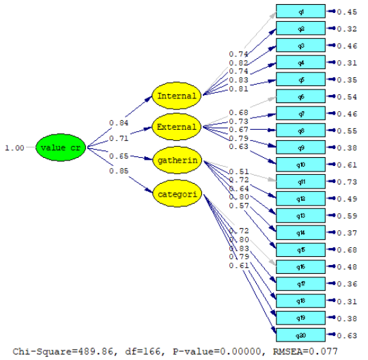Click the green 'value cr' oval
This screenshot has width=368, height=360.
coord(61,148)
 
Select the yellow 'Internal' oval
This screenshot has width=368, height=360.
coord(177,96)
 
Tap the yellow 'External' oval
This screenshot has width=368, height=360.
coord(177,127)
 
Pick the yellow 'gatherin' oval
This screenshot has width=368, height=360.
coord(177,159)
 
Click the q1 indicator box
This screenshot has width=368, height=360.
coord(300,12)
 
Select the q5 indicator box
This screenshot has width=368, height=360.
coord(300,80)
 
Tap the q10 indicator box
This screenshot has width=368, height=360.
coord(300,165)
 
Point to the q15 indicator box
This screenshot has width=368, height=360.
coord(300,249)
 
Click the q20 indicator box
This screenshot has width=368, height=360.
coord(300,335)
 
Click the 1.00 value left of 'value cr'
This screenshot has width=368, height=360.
coord(14,148)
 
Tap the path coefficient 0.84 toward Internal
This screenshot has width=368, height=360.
coord(119,123)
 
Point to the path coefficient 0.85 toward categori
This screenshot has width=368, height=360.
coord(119,171)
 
